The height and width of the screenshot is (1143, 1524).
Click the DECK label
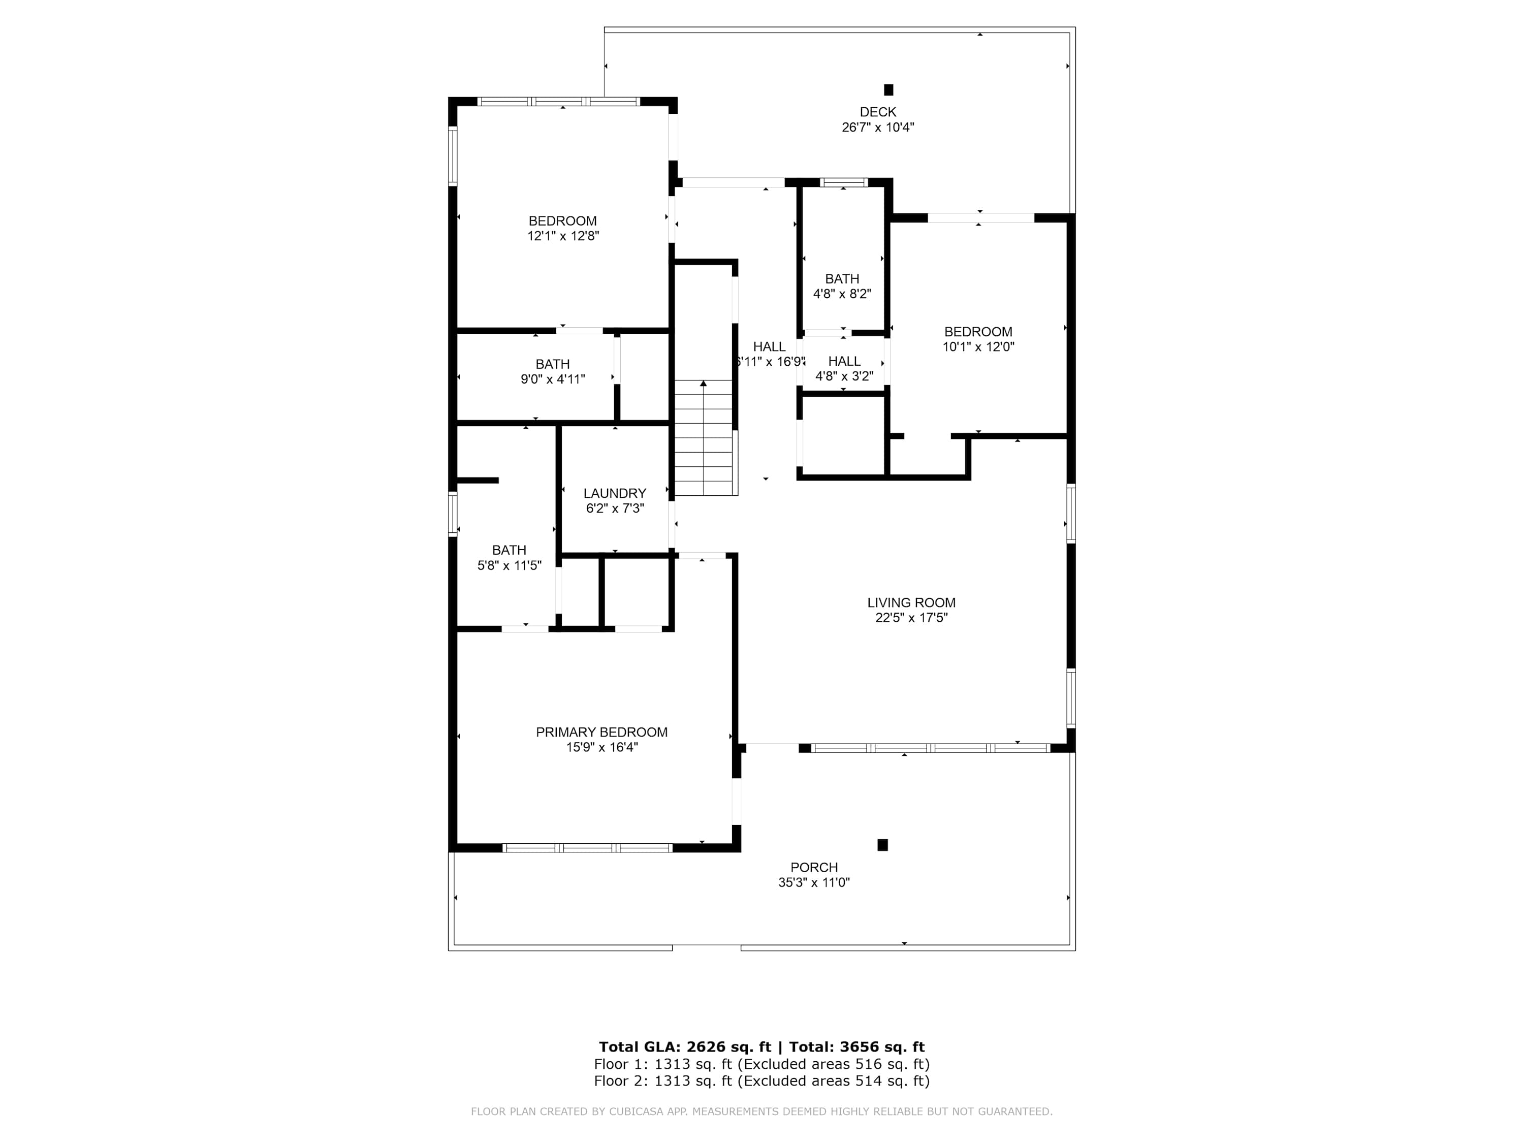click(x=878, y=112)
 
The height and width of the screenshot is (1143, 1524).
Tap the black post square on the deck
click(x=889, y=89)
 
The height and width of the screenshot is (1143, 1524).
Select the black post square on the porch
click(x=882, y=845)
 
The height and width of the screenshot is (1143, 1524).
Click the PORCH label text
click(x=814, y=868)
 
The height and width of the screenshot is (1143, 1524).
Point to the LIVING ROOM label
click(x=911, y=603)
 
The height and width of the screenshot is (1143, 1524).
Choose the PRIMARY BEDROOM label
click(x=602, y=733)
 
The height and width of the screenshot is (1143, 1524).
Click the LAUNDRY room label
click(x=615, y=493)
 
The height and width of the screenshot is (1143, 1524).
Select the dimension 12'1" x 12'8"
click(x=563, y=236)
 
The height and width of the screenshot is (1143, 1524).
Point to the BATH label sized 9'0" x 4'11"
click(x=553, y=364)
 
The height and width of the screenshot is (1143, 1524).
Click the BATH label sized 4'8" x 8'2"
click(x=842, y=279)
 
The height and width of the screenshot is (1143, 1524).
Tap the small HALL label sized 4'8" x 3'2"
click(x=844, y=362)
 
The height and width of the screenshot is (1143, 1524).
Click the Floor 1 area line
click(x=762, y=1064)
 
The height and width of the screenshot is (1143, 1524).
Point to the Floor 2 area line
click(x=762, y=1081)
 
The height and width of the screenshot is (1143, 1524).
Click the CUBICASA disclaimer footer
click(x=762, y=1112)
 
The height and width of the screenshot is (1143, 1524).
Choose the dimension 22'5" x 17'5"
click(x=911, y=618)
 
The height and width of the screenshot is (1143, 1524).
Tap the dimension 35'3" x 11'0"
click(x=814, y=882)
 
